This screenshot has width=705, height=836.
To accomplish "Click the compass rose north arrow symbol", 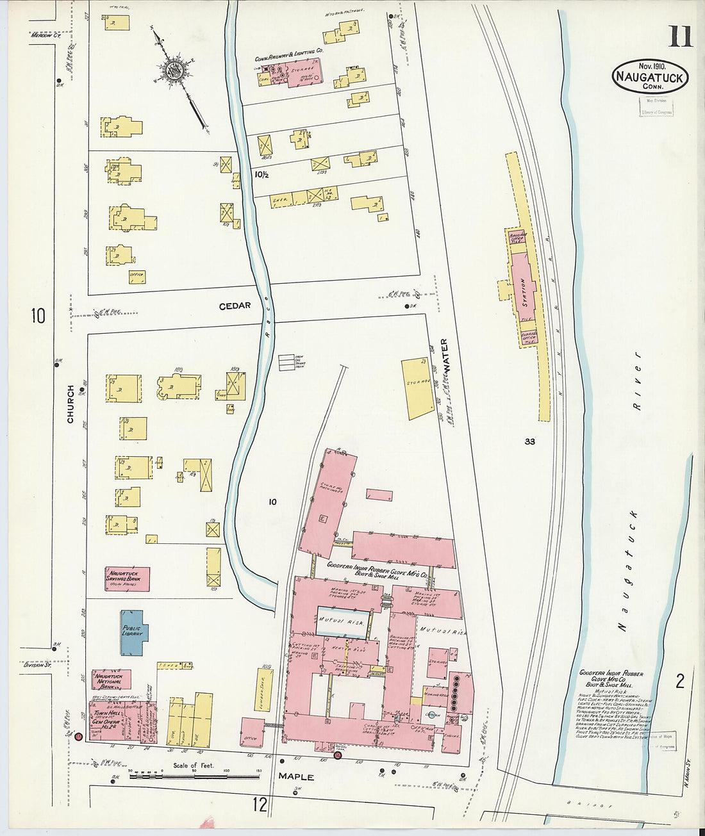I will (174, 71).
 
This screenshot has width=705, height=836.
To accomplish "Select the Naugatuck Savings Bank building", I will (127, 578).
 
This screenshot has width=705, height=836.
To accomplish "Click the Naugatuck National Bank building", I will (111, 680).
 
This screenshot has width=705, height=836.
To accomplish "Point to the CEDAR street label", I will (235, 306).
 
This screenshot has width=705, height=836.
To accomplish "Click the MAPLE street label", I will (295, 776).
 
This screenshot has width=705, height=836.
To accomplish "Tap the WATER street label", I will (444, 356).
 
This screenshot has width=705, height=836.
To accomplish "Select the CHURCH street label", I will (70, 404).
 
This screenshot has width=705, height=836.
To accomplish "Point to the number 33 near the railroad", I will (529, 441).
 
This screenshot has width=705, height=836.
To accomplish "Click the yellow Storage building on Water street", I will (417, 388).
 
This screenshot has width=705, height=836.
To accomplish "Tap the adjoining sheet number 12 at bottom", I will (260, 805).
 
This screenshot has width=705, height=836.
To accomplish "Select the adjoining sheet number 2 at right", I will (680, 681).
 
